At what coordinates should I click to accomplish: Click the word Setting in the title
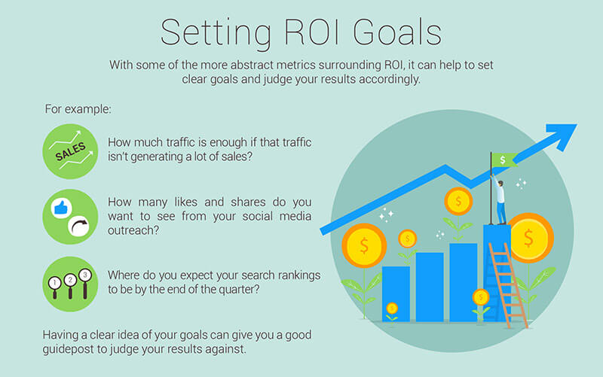[216, 33]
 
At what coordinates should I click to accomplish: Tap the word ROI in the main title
[312, 32]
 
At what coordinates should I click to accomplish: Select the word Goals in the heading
[397, 32]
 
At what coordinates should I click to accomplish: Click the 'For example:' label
[78, 109]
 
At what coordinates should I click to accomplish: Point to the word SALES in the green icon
[70, 152]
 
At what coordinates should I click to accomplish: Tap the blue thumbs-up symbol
[61, 208]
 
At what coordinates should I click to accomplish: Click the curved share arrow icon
[78, 227]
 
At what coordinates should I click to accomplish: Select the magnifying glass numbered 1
[54, 287]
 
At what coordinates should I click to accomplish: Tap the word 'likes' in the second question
[186, 202]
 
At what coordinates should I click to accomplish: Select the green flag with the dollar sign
[504, 160]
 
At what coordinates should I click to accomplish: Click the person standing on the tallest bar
[500, 201]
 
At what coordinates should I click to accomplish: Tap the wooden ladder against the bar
[507, 285]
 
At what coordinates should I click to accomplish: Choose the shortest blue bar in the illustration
[396, 293]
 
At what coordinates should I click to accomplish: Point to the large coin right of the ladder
[530, 238]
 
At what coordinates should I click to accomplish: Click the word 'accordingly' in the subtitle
[389, 80]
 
